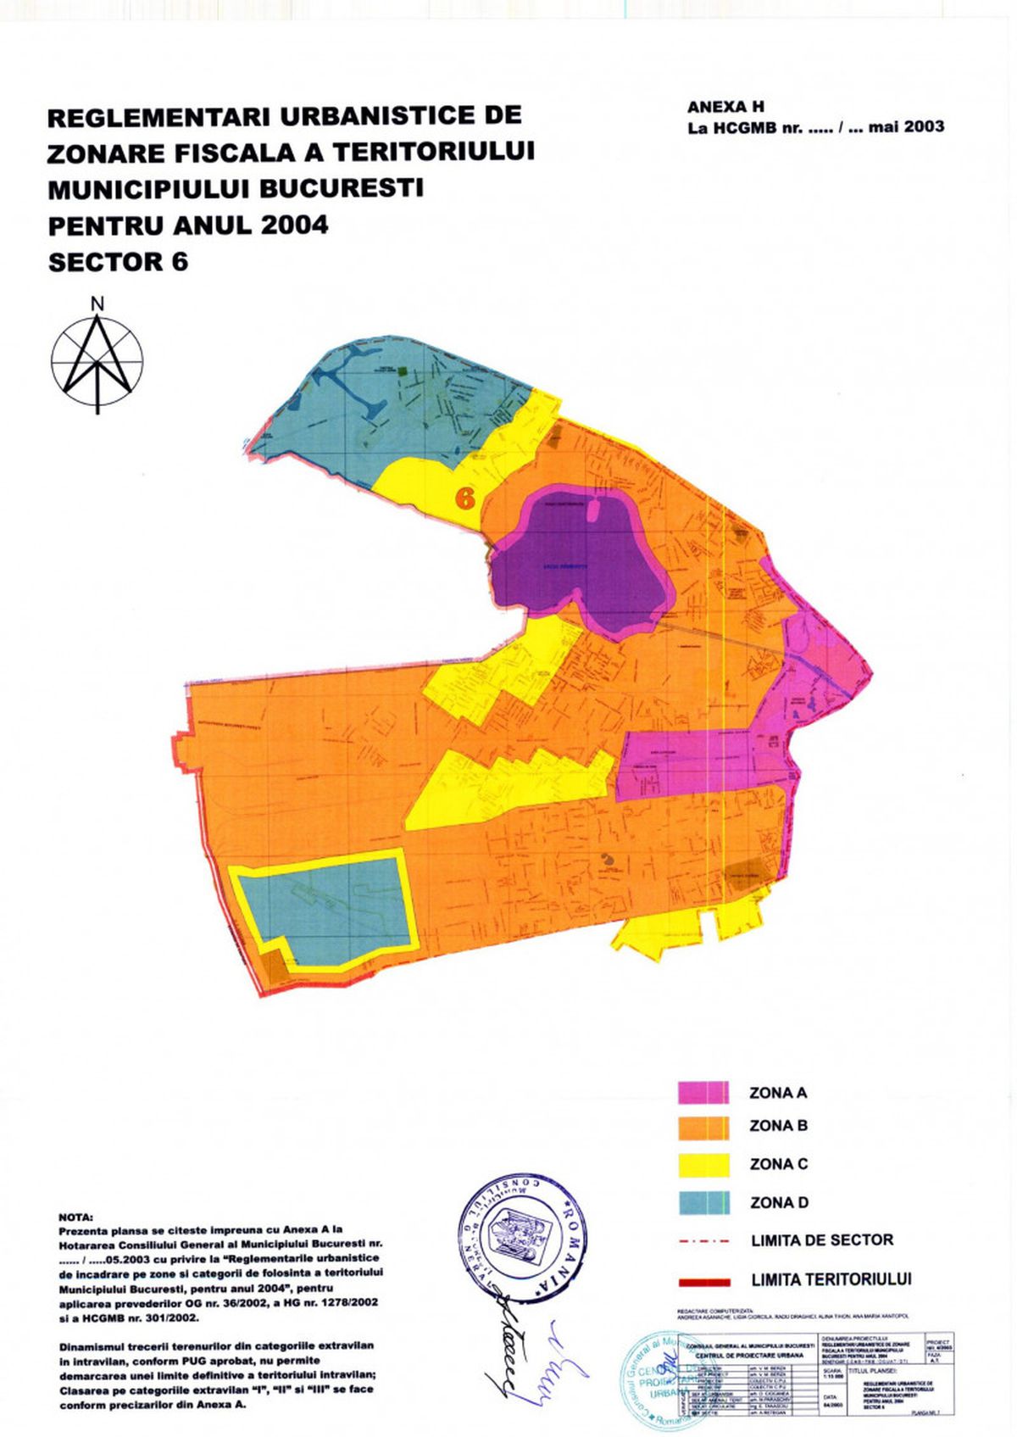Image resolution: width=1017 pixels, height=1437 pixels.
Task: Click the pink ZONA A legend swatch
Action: pyautogui.click(x=703, y=1092)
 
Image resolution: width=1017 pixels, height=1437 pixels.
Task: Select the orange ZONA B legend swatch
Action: pyautogui.click(x=703, y=1127)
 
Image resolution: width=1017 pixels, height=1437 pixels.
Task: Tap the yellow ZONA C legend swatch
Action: pyautogui.click(x=703, y=1164)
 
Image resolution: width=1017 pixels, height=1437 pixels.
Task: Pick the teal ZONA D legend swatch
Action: pyautogui.click(x=703, y=1202)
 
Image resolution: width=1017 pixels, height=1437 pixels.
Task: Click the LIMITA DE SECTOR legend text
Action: pyautogui.click(x=821, y=1239)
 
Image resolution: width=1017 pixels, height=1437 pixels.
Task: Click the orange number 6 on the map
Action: pyautogui.click(x=464, y=498)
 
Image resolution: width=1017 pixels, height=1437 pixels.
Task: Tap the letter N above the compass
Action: pyautogui.click(x=97, y=304)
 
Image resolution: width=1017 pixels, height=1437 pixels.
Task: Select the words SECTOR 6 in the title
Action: pyautogui.click(x=118, y=262)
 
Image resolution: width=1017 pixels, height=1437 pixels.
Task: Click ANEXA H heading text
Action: pyautogui.click(x=725, y=107)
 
